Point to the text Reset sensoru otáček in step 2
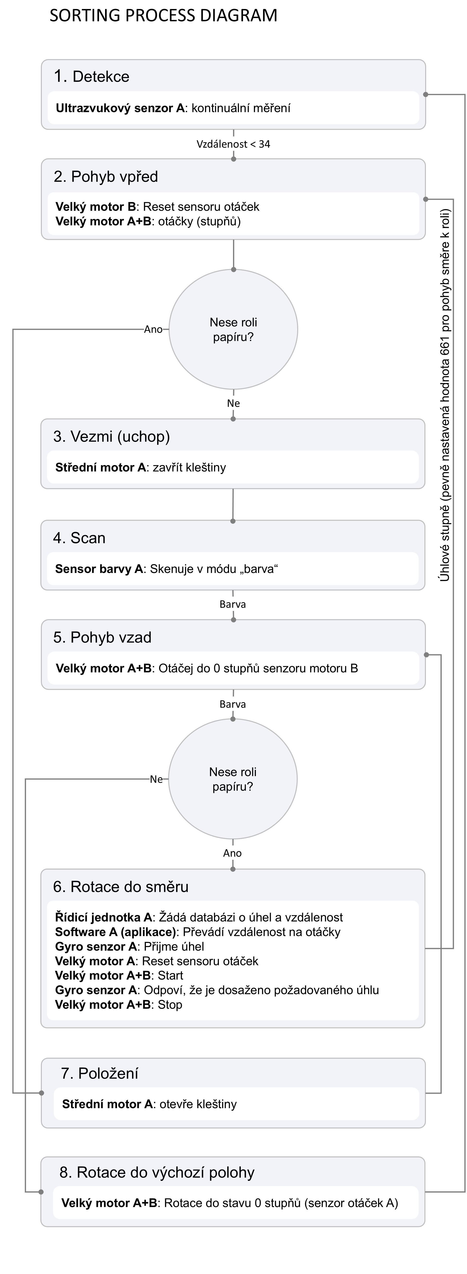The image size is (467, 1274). (x=201, y=207)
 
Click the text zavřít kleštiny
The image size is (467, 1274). (x=189, y=467)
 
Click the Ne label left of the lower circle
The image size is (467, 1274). (x=156, y=779)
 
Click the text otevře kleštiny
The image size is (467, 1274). (x=198, y=1104)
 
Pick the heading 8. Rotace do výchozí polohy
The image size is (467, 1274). (x=157, y=1173)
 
